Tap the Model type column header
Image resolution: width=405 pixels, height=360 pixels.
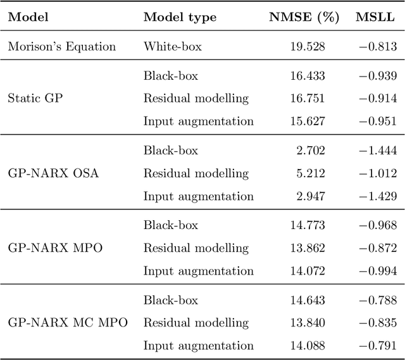pyautogui.click(x=180, y=18)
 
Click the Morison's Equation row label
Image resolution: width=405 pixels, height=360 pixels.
pyautogui.click(x=62, y=46)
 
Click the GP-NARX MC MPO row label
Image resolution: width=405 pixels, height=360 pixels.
pyautogui.click(x=68, y=323)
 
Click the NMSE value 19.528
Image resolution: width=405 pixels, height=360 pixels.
pyautogui.click(x=307, y=46)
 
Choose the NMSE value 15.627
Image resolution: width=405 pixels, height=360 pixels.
pyautogui.click(x=307, y=121)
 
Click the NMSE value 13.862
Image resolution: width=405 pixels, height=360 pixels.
pyautogui.click(x=307, y=248)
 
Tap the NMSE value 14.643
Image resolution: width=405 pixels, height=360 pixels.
pyautogui.click(x=307, y=300)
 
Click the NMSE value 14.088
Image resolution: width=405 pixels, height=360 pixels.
pyautogui.click(x=307, y=345)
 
